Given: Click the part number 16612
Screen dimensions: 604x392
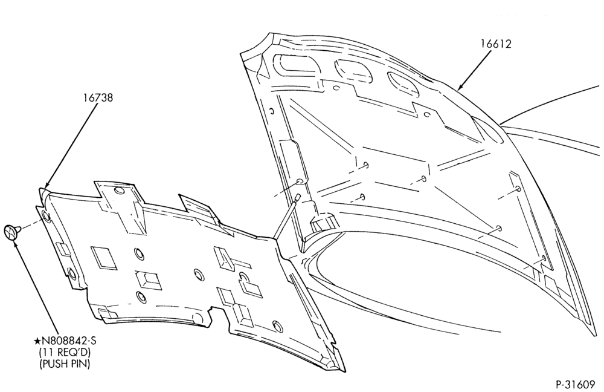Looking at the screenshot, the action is (x=495, y=44).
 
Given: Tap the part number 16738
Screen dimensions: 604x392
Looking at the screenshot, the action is (x=98, y=97).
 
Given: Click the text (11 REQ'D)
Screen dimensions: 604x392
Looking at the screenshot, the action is (x=65, y=352).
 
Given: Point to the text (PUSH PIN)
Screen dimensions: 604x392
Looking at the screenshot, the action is (x=65, y=364).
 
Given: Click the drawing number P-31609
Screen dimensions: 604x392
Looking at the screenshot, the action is (x=576, y=385).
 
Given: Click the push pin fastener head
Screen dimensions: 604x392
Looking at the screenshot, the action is (x=10, y=232).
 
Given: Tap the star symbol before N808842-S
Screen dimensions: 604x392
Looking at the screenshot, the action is (x=37, y=341).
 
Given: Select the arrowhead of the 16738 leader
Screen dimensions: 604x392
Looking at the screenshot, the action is (x=45, y=186).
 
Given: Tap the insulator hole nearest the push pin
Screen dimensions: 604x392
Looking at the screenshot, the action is (x=45, y=216).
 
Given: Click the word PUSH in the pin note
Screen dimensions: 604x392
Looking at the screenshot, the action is (x=56, y=364).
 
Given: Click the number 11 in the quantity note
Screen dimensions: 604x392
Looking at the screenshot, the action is (x=47, y=352).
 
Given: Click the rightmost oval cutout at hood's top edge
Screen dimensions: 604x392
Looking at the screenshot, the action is (x=403, y=83).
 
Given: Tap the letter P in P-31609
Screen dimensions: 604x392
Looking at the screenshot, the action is (x=559, y=385).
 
